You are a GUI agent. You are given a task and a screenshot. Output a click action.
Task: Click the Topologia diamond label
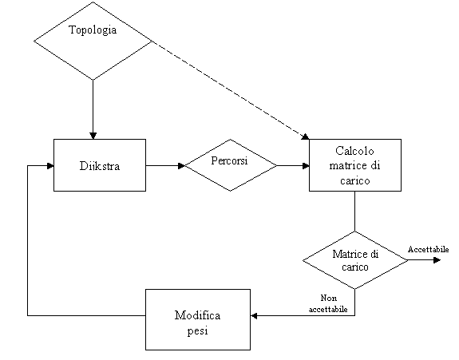[x=93, y=30]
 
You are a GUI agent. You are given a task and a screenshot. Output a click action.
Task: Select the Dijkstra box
[x=100, y=165]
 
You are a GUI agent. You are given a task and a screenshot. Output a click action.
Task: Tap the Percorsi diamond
[x=231, y=165]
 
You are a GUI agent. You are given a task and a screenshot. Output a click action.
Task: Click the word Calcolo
[x=354, y=151]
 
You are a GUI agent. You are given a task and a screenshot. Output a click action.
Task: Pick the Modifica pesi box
[x=198, y=319]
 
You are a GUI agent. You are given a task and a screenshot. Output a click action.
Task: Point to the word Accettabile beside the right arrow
[x=428, y=250]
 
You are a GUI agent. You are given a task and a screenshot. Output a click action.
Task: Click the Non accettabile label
[x=328, y=303]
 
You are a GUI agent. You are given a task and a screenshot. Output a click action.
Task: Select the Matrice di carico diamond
[x=355, y=260]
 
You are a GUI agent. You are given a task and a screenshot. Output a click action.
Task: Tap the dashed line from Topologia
[x=231, y=90]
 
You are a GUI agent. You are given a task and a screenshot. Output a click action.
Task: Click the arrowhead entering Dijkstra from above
[x=93, y=136]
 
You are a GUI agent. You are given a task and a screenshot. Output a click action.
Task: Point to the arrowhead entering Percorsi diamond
[x=181, y=166]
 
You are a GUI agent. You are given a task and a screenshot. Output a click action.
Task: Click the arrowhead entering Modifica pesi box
[x=254, y=316]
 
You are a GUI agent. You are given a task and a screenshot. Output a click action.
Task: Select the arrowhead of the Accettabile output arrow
[x=437, y=260]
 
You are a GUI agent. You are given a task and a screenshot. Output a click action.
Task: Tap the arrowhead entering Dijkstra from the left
[x=50, y=166]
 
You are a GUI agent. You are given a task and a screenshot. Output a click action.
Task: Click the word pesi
[x=198, y=331]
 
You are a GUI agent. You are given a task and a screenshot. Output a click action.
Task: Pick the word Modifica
[x=198, y=315]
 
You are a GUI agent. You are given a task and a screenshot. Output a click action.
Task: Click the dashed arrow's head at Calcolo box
[x=306, y=136]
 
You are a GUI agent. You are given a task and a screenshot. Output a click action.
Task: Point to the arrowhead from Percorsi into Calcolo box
[x=306, y=166]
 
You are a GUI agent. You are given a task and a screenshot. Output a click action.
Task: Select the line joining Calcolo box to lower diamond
[x=355, y=212]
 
